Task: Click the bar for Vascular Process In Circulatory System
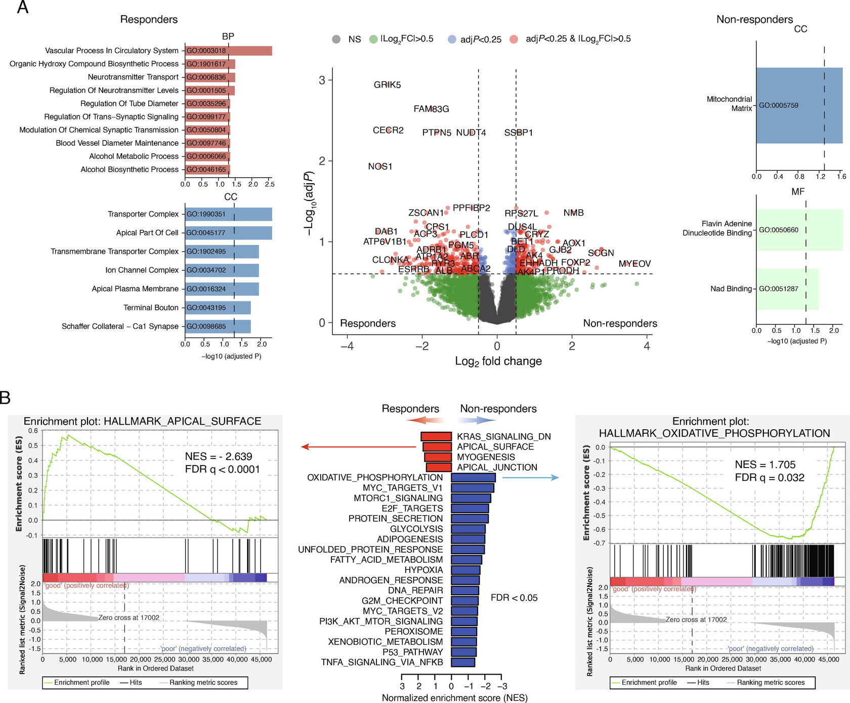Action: click(x=228, y=51)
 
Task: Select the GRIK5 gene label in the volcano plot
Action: click(x=387, y=85)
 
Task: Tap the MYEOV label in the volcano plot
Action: click(x=634, y=264)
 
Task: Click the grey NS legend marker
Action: click(x=336, y=39)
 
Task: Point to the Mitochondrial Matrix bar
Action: click(x=799, y=105)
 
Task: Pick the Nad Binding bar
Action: click(x=787, y=289)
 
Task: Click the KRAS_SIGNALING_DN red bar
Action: click(x=436, y=436)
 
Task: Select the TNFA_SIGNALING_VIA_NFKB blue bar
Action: click(x=463, y=662)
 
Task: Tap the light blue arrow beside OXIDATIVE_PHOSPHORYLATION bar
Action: click(x=530, y=477)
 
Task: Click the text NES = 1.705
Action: click(x=765, y=465)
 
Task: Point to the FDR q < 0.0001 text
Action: click(x=222, y=470)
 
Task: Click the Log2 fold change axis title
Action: click(x=498, y=361)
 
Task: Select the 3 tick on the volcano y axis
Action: click(x=322, y=80)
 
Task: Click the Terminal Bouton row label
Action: click(x=151, y=308)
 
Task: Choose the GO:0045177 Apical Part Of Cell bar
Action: click(x=228, y=233)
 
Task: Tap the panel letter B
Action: click(x=5, y=398)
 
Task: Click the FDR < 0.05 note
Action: click(x=514, y=598)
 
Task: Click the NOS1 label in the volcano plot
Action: click(x=380, y=167)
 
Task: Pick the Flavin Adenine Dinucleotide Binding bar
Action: click(x=799, y=230)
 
